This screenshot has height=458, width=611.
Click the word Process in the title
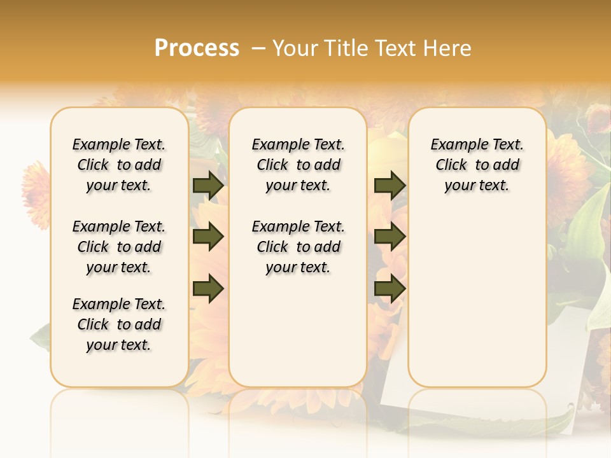pos(197,48)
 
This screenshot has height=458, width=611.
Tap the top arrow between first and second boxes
pos(208,185)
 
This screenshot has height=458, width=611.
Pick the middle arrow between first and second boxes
pos(208,237)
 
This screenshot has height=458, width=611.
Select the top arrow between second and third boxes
pos(390,185)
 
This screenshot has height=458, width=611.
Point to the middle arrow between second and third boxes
pos(390,237)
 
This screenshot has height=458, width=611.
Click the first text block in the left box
pos(119,165)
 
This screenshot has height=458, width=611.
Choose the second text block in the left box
pos(119,247)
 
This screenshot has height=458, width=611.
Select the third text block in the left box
pos(119,324)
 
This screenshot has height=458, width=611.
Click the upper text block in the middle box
pos(298,165)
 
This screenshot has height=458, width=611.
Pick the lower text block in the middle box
pos(298,247)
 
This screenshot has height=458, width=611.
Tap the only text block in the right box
pos(477,165)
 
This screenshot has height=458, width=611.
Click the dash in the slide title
pos(259,48)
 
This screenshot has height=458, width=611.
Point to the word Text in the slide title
pos(396,48)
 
